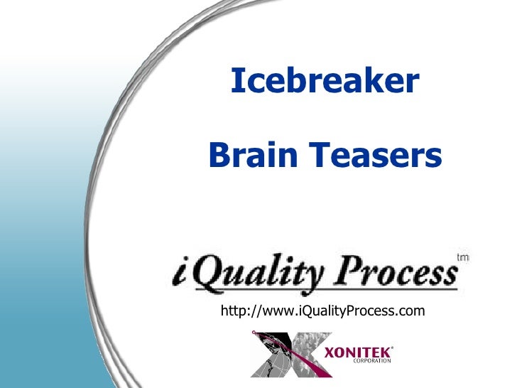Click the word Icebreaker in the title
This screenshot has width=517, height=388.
coord(325,82)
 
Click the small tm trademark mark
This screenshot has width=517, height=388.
coord(464,257)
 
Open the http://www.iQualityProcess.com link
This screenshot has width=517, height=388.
coord(323,311)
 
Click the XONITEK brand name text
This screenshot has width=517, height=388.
coord(359,352)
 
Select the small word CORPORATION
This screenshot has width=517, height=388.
coord(373,361)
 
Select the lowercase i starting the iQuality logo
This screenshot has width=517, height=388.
coord(180,275)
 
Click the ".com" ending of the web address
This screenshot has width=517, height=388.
coord(411,311)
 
